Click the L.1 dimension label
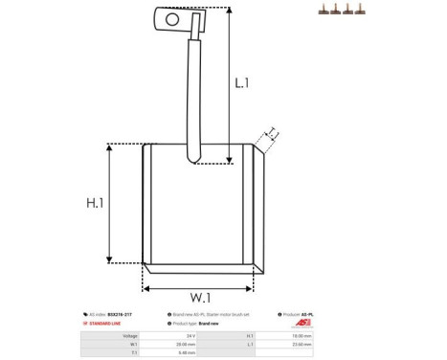(x=242, y=83)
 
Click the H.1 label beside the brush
(x=94, y=203)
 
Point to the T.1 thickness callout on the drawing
(x=272, y=132)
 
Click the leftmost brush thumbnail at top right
(x=324, y=10)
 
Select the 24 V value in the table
(x=190, y=335)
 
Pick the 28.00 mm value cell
(x=187, y=344)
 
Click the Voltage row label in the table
(x=130, y=335)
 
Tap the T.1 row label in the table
(x=133, y=352)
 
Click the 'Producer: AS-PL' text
(x=298, y=314)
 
